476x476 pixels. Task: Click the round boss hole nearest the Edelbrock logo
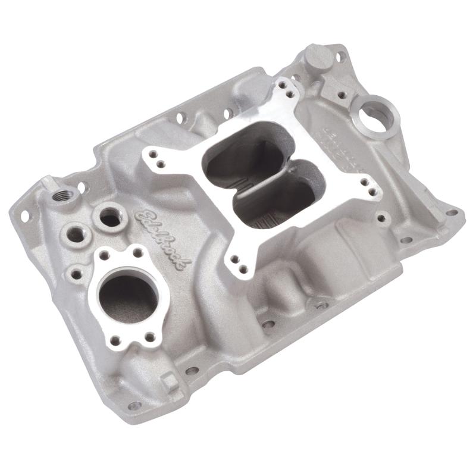[x=110, y=216]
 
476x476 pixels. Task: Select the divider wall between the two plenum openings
[x=262, y=177]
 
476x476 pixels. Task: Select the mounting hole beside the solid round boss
[x=340, y=58]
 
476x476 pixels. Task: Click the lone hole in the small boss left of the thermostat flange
[x=77, y=274]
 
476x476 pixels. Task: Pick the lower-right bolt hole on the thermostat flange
[x=151, y=337]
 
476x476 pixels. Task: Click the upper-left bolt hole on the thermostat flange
[x=105, y=255]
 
